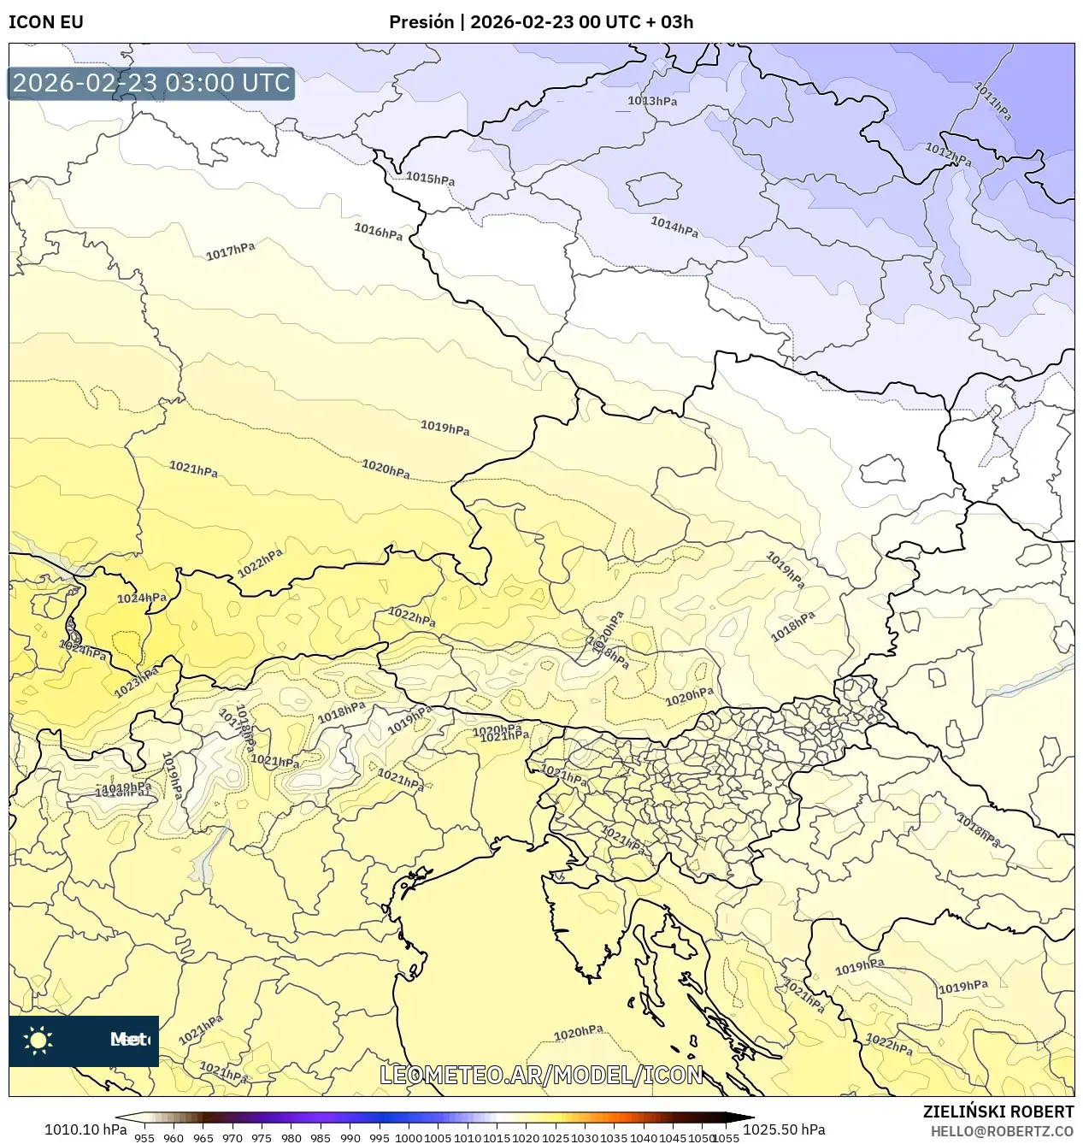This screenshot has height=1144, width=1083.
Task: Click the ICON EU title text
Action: pos(46,22)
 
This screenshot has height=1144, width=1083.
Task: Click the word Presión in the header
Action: pos(421,22)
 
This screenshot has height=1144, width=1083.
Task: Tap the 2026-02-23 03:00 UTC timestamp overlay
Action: pos(151,83)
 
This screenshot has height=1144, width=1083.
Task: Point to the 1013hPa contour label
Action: pos(652,101)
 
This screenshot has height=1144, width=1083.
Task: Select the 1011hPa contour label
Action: pos(993,101)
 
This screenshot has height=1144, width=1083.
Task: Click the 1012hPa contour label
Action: pos(948,154)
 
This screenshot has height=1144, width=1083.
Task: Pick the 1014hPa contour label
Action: pos(674,227)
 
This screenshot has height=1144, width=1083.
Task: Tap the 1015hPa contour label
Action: pos(430,178)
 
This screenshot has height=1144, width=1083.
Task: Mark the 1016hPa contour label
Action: pos(379,231)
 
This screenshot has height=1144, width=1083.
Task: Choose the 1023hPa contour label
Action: pos(137,682)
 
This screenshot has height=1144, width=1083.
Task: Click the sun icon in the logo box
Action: pos(38,1040)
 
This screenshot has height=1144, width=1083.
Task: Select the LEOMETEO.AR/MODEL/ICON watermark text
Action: pos(541,1075)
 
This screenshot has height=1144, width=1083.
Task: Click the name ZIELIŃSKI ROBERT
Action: pos(998,1112)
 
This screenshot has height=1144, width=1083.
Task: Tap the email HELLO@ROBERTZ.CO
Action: pos(1002,1131)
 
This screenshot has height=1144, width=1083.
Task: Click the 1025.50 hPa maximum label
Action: pos(783,1129)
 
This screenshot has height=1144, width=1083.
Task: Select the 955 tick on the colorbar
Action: pos(144,1138)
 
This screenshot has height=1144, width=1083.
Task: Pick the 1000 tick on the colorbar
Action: pos(409,1138)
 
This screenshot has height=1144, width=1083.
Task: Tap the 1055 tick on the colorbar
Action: pos(726,1138)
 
